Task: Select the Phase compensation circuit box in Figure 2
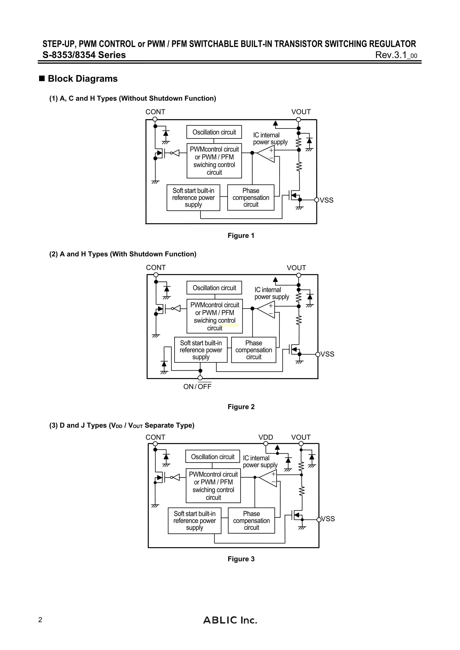coord(253,350)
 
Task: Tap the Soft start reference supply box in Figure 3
coord(194,521)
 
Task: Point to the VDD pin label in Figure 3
coord(266,437)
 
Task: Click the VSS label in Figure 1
coord(327,200)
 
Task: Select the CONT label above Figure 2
coord(156,267)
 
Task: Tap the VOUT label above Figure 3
coord(301,437)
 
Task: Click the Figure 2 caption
coord(241,407)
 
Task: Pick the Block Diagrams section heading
coord(83,79)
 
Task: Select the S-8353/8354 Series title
coord(84,55)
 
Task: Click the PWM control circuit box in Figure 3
coord(213,486)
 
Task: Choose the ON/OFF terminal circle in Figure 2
coord(200,378)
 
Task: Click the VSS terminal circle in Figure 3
coord(319,519)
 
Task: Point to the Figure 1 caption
coord(241,236)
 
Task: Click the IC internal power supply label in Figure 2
coord(271,293)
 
